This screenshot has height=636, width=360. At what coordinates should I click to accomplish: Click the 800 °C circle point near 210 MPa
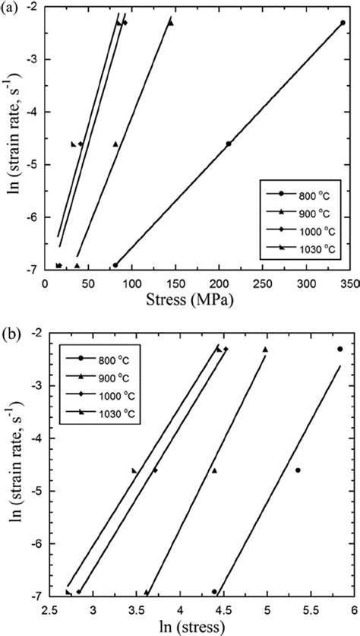point(229,143)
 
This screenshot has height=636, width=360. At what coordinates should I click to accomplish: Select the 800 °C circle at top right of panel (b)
point(339,349)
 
